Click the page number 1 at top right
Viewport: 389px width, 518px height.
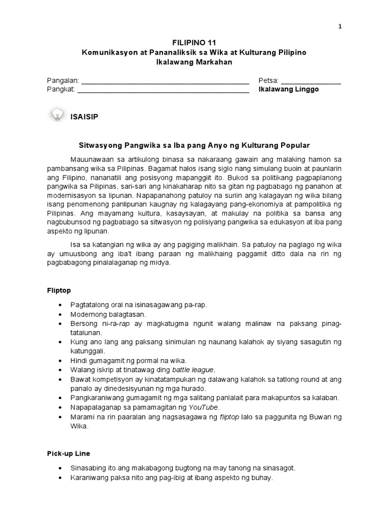tap(340, 26)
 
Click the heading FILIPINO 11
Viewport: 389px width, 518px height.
tap(194, 42)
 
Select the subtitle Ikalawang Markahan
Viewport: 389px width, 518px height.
tap(194, 62)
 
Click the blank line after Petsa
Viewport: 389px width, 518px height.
tap(311, 81)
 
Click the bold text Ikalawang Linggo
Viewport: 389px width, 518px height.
tap(289, 90)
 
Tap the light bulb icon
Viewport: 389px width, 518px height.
tap(57, 115)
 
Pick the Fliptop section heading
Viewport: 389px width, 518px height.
tap(59, 290)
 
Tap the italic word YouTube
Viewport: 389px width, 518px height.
tap(204, 407)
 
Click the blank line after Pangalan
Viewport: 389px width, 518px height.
tap(165, 81)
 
